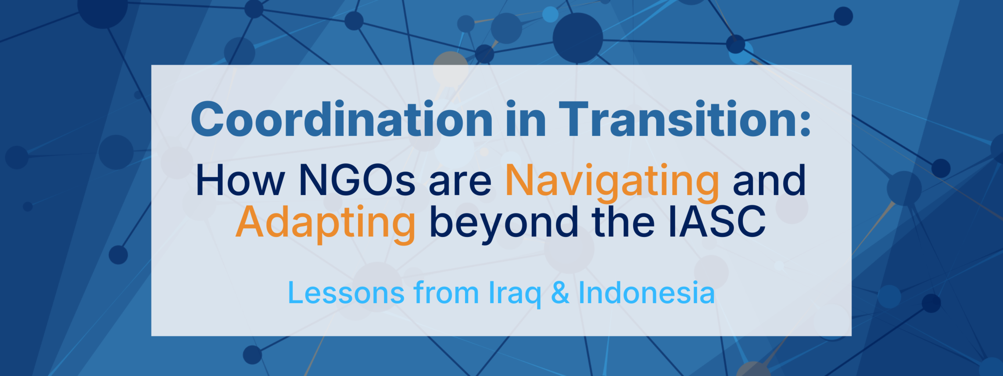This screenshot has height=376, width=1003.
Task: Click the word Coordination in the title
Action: click(342, 119)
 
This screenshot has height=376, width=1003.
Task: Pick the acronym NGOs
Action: click(357, 180)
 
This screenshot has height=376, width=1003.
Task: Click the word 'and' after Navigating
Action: click(769, 180)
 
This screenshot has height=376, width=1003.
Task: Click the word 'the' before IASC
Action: click(623, 221)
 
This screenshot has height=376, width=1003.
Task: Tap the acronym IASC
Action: click(717, 221)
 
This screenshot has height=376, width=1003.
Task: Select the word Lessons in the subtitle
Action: click(346, 292)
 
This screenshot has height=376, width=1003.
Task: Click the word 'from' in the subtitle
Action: click(446, 292)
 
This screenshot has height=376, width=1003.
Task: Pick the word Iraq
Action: click(515, 294)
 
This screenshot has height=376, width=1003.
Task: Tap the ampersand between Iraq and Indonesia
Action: click(560, 292)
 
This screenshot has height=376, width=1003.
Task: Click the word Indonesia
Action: click(647, 292)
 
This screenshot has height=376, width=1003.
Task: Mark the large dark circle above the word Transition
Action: click(577, 38)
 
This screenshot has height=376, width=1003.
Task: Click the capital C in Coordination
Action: click(206, 119)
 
